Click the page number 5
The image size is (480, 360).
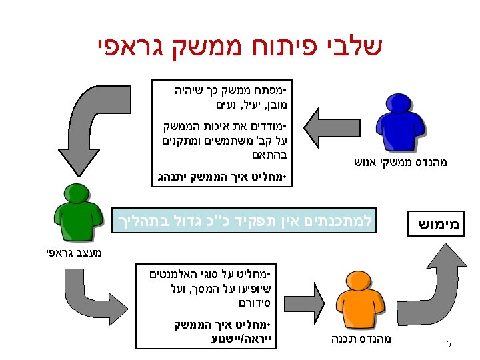coord(448,345)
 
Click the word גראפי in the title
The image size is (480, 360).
coord(130,47)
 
